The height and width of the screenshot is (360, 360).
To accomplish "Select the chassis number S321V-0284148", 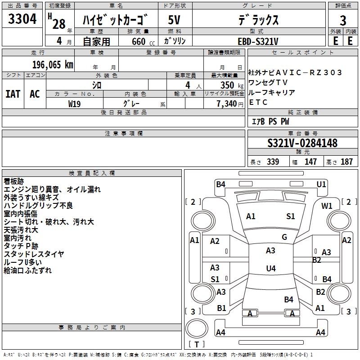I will tap(302, 144).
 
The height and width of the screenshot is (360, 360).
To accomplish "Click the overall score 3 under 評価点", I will tap(343, 21).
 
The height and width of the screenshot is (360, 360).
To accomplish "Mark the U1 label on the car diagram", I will tap(321, 184).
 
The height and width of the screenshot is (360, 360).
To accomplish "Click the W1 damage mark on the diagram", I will tap(327, 206).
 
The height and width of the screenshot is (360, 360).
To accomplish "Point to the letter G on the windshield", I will tap(284, 237).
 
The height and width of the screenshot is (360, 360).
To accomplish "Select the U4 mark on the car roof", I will tap(270, 269).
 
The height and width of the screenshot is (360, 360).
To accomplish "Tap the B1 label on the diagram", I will tap(221, 308).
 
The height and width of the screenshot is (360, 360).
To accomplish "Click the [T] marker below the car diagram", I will tap(196, 345).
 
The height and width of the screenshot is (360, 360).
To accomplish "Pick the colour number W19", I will tap(75, 103).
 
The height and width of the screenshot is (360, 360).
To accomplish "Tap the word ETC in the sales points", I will tap(258, 102).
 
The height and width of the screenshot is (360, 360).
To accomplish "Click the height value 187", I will tap(346, 162).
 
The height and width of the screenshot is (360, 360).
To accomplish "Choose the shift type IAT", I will tap(13, 94).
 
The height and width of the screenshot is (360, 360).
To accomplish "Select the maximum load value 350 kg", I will tap(229, 85).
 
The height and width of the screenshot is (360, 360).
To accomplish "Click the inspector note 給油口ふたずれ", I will tap(28, 270).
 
